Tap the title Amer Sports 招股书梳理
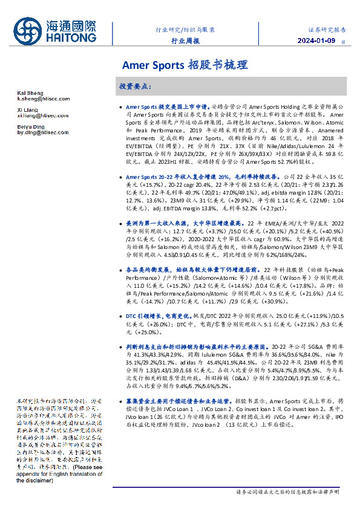tap(185, 63)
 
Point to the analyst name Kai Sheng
tap(27, 92)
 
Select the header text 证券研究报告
tap(327, 29)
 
